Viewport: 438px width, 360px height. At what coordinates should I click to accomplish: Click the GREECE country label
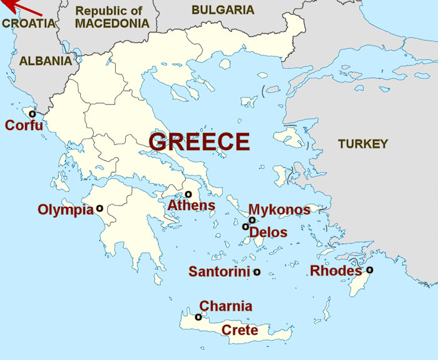[199, 141]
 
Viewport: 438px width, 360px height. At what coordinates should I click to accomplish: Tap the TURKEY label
[363, 144]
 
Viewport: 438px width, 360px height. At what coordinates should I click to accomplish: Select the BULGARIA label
[223, 10]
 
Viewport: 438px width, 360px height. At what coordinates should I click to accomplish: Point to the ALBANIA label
[46, 61]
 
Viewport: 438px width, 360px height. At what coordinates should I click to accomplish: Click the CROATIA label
[28, 24]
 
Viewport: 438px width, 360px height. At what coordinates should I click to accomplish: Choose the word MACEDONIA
[112, 24]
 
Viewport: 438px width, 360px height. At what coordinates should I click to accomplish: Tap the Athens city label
[191, 206]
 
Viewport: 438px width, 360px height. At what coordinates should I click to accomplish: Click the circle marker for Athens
[188, 194]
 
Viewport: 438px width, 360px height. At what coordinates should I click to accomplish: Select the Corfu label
[24, 126]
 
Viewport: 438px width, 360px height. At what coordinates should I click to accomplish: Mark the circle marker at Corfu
[32, 114]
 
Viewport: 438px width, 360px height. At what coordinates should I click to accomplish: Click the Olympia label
[65, 209]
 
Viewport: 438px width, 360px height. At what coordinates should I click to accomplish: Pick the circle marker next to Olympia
[99, 208]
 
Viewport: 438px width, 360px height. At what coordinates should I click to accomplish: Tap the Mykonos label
[279, 209]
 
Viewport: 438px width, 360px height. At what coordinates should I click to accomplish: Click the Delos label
[268, 232]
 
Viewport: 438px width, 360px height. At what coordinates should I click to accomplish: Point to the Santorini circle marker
[257, 272]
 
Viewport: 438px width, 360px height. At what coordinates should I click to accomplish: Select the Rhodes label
[336, 271]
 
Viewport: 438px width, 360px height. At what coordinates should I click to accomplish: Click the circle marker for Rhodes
[370, 270]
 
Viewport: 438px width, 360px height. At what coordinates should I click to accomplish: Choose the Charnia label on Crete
[226, 306]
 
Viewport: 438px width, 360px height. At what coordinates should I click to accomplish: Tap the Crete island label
[240, 330]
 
